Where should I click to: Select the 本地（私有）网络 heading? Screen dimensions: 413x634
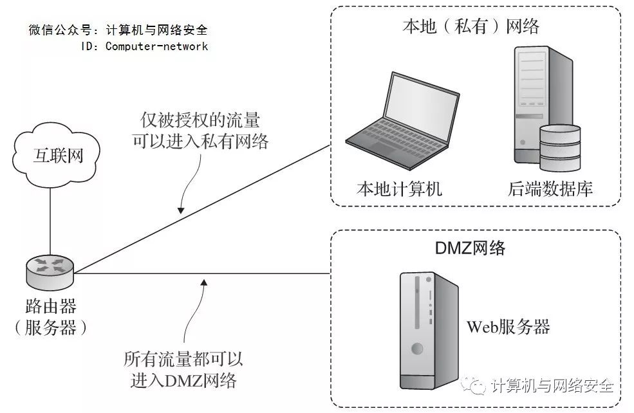471,26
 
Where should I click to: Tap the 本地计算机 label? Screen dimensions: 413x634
399,189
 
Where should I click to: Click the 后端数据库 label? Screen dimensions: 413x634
550,189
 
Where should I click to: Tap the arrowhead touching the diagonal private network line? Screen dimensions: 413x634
182,210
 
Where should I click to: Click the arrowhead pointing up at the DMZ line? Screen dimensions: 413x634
204,280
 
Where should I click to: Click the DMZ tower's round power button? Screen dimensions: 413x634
418,349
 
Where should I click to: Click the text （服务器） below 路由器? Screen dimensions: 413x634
50,328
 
